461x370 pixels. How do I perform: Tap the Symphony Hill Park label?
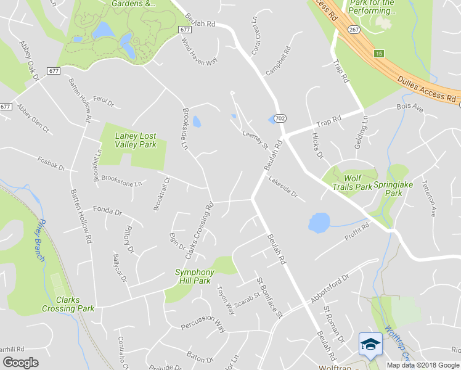point(194,276)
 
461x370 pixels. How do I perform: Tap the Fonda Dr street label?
point(107,211)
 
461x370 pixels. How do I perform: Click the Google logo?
point(20,362)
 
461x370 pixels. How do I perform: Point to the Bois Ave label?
point(409,108)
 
